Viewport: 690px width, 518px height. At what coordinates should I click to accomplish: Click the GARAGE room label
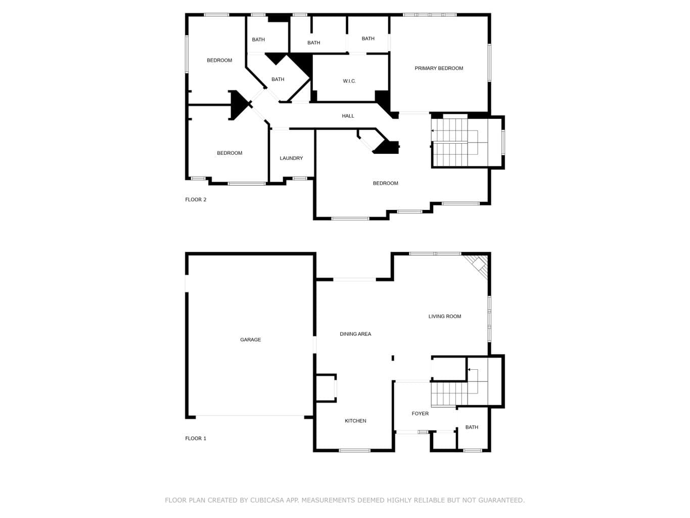coord(250,339)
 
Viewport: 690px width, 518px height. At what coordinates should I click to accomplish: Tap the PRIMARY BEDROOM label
coord(439,68)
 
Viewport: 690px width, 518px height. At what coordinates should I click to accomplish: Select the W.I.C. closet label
coord(349,81)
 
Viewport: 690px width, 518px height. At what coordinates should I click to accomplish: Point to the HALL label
coord(348,116)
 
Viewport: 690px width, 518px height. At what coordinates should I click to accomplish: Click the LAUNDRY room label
coord(291,158)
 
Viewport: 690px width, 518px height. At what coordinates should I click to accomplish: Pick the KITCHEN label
coord(355,421)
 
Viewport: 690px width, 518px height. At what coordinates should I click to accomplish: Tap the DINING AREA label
coord(355,334)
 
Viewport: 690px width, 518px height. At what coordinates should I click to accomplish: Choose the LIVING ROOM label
coord(444,316)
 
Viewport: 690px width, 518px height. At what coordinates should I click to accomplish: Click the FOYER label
coord(420,414)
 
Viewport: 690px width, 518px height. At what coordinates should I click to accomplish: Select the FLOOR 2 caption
coord(196,200)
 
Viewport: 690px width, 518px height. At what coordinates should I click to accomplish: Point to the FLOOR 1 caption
coord(196,439)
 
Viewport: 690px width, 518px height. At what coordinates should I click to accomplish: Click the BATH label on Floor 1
coord(472,427)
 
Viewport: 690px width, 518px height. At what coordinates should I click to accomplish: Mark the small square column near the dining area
coord(393,358)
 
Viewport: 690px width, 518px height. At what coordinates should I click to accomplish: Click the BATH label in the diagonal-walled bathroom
coord(278,79)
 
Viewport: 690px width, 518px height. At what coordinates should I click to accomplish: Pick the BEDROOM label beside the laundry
coord(229,153)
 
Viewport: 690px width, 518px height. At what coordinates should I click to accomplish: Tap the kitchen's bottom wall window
coord(354,450)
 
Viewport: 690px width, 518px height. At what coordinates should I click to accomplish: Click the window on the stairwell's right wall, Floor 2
coord(503,143)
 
